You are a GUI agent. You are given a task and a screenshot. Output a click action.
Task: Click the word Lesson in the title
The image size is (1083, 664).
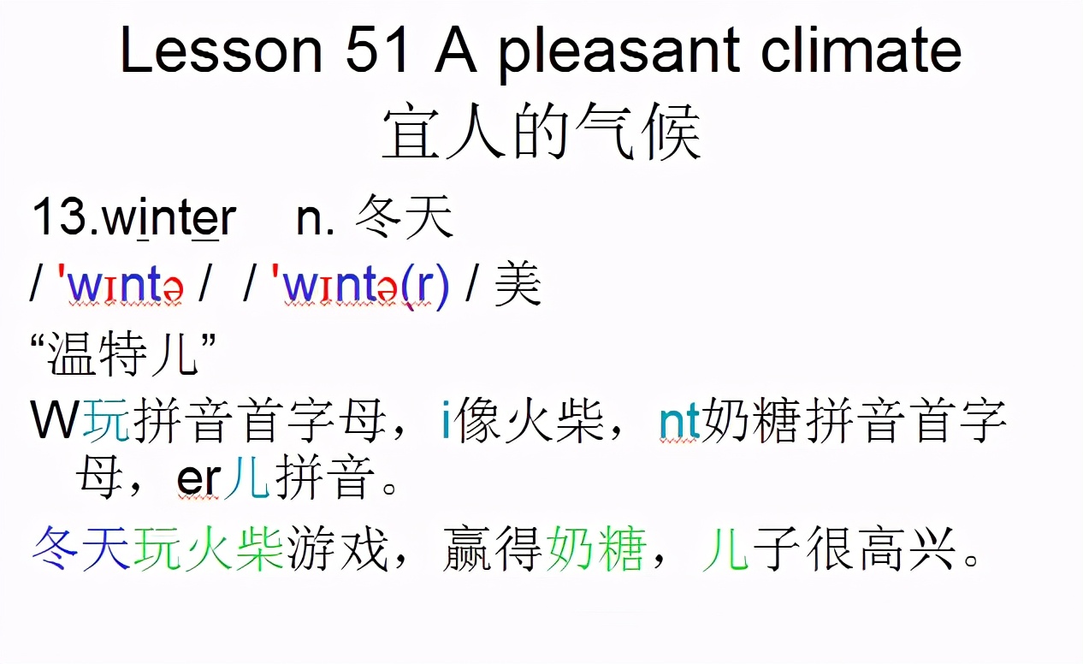coord(221,50)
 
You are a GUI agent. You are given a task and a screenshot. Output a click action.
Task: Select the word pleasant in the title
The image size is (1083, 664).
coord(613,50)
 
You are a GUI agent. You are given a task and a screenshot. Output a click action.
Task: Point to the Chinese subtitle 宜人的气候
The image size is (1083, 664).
coord(541,134)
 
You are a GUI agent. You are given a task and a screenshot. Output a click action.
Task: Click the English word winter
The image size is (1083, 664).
coord(169,219)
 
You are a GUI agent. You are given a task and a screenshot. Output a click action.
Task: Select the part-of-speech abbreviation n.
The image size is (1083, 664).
coord(315,219)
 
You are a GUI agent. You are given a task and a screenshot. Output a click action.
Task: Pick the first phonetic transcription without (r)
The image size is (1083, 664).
coord(120,287)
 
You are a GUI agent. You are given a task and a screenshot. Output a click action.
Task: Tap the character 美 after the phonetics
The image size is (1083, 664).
coord(518,285)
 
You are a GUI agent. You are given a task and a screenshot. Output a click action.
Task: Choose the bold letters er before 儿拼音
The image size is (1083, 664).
coord(199,480)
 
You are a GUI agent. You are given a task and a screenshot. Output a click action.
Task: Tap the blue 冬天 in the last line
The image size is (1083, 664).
coord(82,548)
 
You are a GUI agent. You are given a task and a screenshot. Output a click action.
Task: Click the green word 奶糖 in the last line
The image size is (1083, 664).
coord(595,548)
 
